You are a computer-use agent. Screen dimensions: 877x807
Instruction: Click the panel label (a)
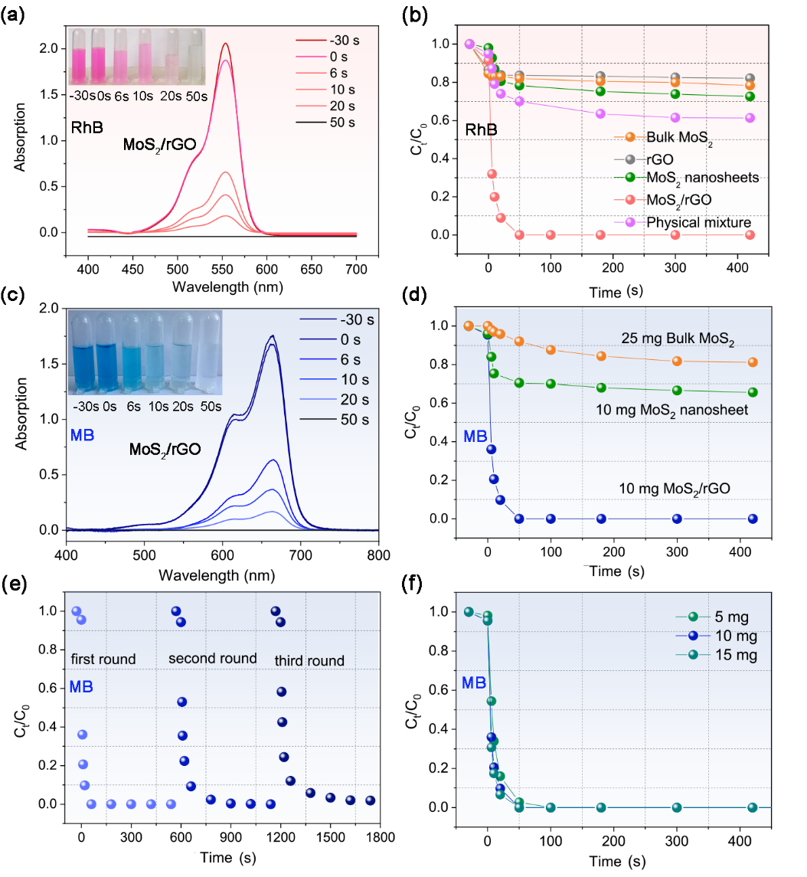click(14, 14)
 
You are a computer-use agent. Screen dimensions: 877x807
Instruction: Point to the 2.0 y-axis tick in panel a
click(69, 48)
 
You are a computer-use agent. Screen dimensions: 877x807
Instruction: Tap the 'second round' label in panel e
click(212, 659)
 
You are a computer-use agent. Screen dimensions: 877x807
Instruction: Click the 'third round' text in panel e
click(309, 660)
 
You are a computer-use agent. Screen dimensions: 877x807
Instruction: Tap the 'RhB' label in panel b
click(482, 130)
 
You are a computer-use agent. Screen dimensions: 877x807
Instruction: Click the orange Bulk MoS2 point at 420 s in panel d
click(753, 362)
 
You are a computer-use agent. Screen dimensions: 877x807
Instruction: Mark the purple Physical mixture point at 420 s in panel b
click(750, 118)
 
